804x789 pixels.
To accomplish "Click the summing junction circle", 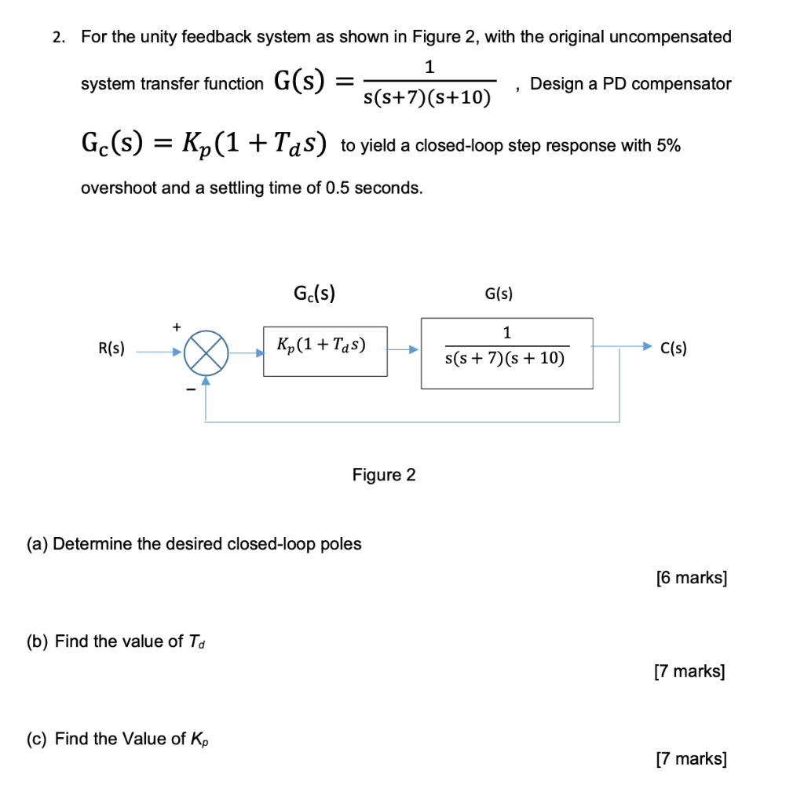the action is (x=206, y=352).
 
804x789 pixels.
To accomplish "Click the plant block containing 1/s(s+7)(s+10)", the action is (x=506, y=352).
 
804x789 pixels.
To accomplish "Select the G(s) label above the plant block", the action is (x=499, y=294).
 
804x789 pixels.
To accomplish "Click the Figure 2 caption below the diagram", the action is (x=384, y=475).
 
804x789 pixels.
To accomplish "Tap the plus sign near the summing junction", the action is (x=177, y=325).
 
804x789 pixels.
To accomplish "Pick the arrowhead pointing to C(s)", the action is (x=646, y=345).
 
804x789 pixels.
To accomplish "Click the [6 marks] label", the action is (x=691, y=579).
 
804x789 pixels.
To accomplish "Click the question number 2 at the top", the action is (x=57, y=37).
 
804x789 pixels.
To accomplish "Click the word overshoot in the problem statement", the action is (x=119, y=188).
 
